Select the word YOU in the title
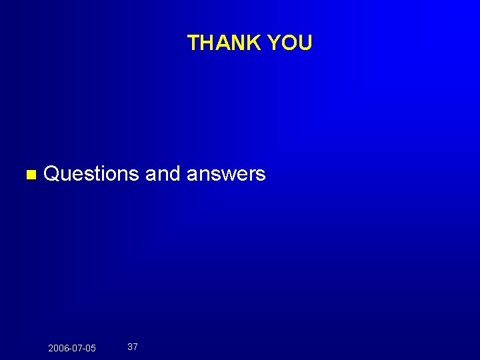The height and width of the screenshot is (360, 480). (x=289, y=43)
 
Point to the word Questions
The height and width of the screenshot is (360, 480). (x=91, y=174)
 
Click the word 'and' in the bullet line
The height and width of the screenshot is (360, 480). (x=163, y=174)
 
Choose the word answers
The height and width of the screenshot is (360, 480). (x=226, y=174)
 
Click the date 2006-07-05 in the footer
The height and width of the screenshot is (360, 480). (x=72, y=348)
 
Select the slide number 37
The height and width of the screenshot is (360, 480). (x=133, y=347)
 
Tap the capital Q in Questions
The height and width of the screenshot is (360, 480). (x=52, y=174)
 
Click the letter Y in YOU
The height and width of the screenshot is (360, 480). (x=273, y=43)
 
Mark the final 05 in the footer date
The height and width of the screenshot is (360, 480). (x=91, y=348)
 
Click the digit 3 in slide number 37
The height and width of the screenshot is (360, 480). (x=130, y=347)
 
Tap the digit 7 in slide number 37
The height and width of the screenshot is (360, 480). (x=135, y=347)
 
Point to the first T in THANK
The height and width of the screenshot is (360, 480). (x=194, y=43)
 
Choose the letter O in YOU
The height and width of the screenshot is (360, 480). (x=289, y=43)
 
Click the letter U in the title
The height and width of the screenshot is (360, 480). (x=305, y=43)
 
